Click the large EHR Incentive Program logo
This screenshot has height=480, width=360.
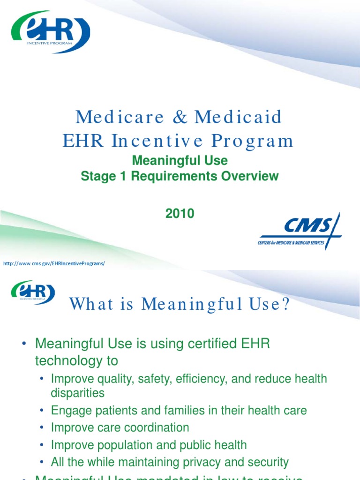click(x=50, y=32)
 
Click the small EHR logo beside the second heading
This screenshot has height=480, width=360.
click(x=33, y=292)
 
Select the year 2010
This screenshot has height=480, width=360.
click(x=180, y=214)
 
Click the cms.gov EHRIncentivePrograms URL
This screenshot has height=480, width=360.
click(x=54, y=263)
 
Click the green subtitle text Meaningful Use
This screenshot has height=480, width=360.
click(x=180, y=161)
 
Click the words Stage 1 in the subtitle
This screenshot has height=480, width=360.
click(x=102, y=176)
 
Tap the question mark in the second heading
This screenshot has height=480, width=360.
click(x=285, y=305)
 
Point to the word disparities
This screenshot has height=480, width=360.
click(x=78, y=392)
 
